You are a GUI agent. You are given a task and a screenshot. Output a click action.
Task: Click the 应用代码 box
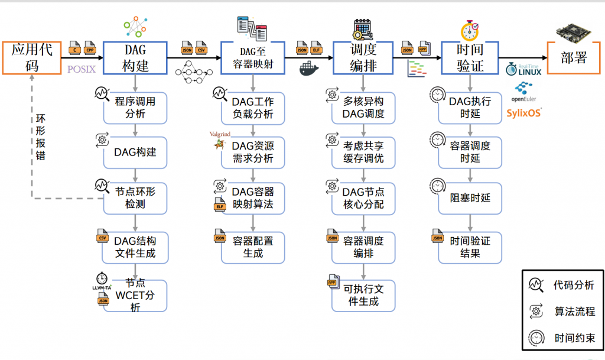point(32,57)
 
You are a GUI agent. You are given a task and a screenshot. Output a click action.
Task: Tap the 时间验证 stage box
point(470,57)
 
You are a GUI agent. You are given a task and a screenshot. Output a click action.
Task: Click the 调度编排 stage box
point(362,57)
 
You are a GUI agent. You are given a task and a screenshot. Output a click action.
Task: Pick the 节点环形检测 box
point(135,198)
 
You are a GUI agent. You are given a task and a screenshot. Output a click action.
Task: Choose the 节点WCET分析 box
point(135,295)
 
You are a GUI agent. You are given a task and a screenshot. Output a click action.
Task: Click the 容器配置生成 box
point(252,247)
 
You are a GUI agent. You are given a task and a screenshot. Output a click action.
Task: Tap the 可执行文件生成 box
point(363,295)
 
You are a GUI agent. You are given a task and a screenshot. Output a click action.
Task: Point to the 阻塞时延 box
point(470,198)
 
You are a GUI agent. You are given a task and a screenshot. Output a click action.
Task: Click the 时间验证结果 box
point(470,247)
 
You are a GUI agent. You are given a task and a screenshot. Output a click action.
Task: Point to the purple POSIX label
point(81,69)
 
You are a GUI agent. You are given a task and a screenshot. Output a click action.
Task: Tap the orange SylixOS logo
point(523,113)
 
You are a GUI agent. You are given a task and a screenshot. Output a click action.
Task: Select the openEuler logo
point(523,92)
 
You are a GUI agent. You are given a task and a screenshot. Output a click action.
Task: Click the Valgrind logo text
point(220,134)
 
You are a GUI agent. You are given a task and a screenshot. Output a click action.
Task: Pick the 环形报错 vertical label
point(40,135)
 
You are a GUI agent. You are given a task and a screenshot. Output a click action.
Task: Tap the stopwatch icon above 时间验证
point(470,30)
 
